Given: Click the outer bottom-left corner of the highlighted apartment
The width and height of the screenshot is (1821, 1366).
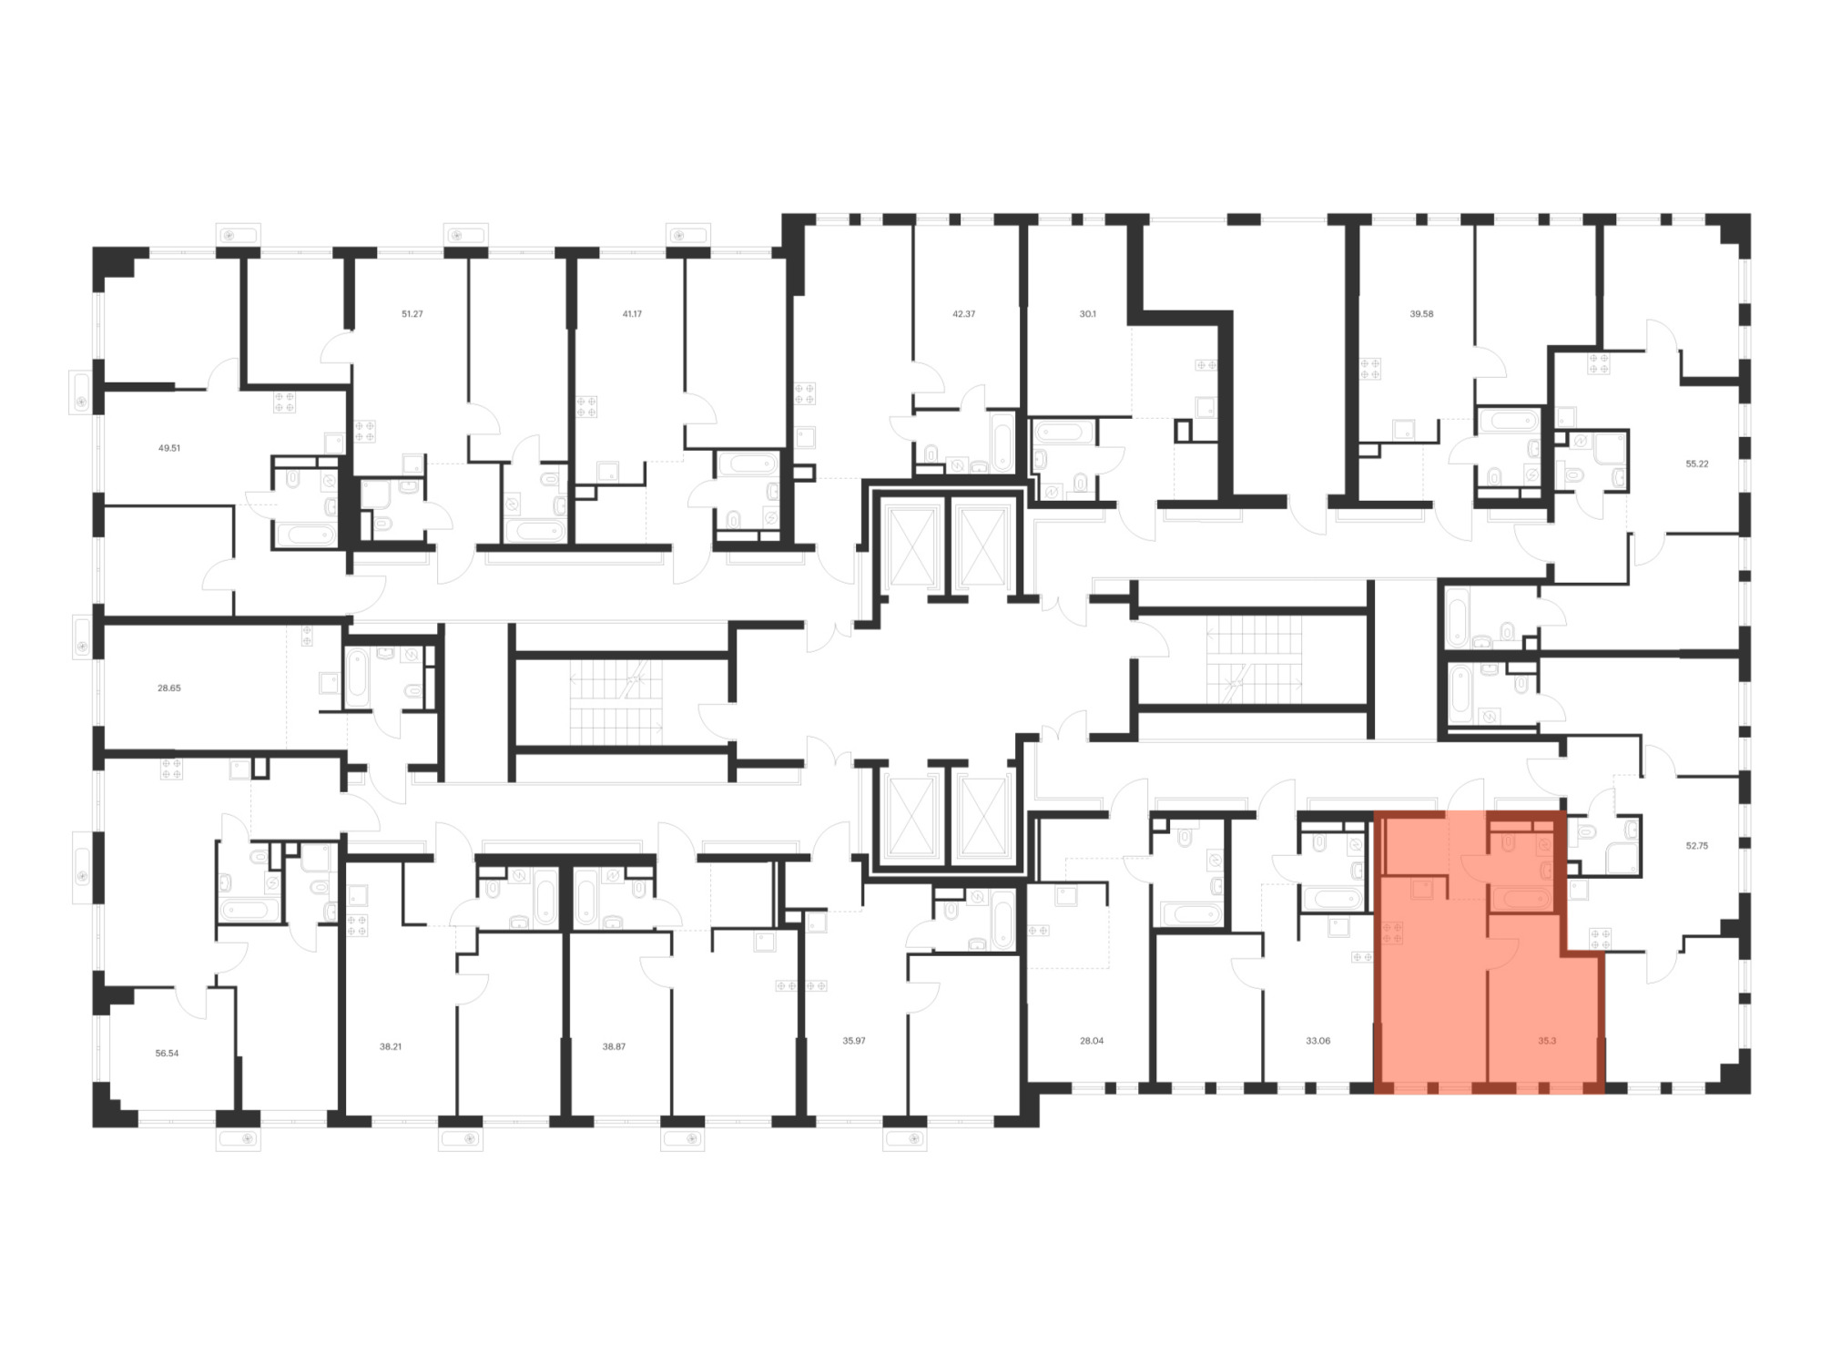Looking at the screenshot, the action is point(1374,1093).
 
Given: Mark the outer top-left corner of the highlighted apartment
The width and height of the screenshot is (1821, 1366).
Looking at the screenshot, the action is point(1374,810).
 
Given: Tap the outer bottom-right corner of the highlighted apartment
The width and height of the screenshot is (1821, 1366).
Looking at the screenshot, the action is point(1604,1093).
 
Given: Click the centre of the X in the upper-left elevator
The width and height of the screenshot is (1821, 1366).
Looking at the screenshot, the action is point(911,546).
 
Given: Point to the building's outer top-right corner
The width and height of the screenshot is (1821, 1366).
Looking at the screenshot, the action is point(1750,214).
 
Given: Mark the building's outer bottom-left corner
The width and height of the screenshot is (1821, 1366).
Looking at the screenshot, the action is point(93,1126).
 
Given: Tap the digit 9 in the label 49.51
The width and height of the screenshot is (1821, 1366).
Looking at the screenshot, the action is point(166,448).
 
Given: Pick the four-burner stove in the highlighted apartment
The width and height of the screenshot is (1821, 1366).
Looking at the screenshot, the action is point(1392,933).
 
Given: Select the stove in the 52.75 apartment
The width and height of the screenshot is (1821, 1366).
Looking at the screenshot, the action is point(1600,939).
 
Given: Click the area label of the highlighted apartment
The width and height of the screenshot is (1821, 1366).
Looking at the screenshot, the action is point(1547,1040).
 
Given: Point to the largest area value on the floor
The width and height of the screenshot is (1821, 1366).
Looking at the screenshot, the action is point(167,1053).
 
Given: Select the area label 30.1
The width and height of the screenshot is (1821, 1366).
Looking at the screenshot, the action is point(1088,313).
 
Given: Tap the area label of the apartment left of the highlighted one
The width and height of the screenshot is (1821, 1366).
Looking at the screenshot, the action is point(1317,1040).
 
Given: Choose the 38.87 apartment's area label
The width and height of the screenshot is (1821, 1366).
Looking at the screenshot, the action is point(614,1046).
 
